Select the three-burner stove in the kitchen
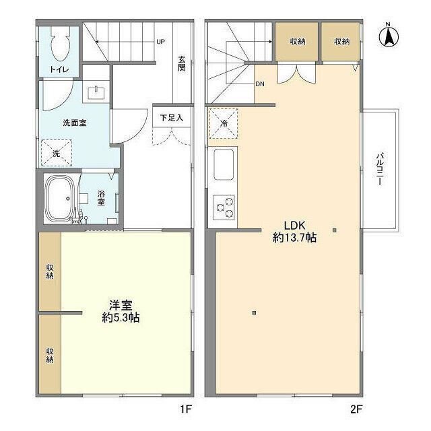pos(224,205)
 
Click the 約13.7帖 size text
pos(296,237)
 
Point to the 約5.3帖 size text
pos(121,317)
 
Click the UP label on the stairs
pos(160,42)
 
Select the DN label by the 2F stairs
pos(259,84)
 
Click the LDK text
pos(296,225)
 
